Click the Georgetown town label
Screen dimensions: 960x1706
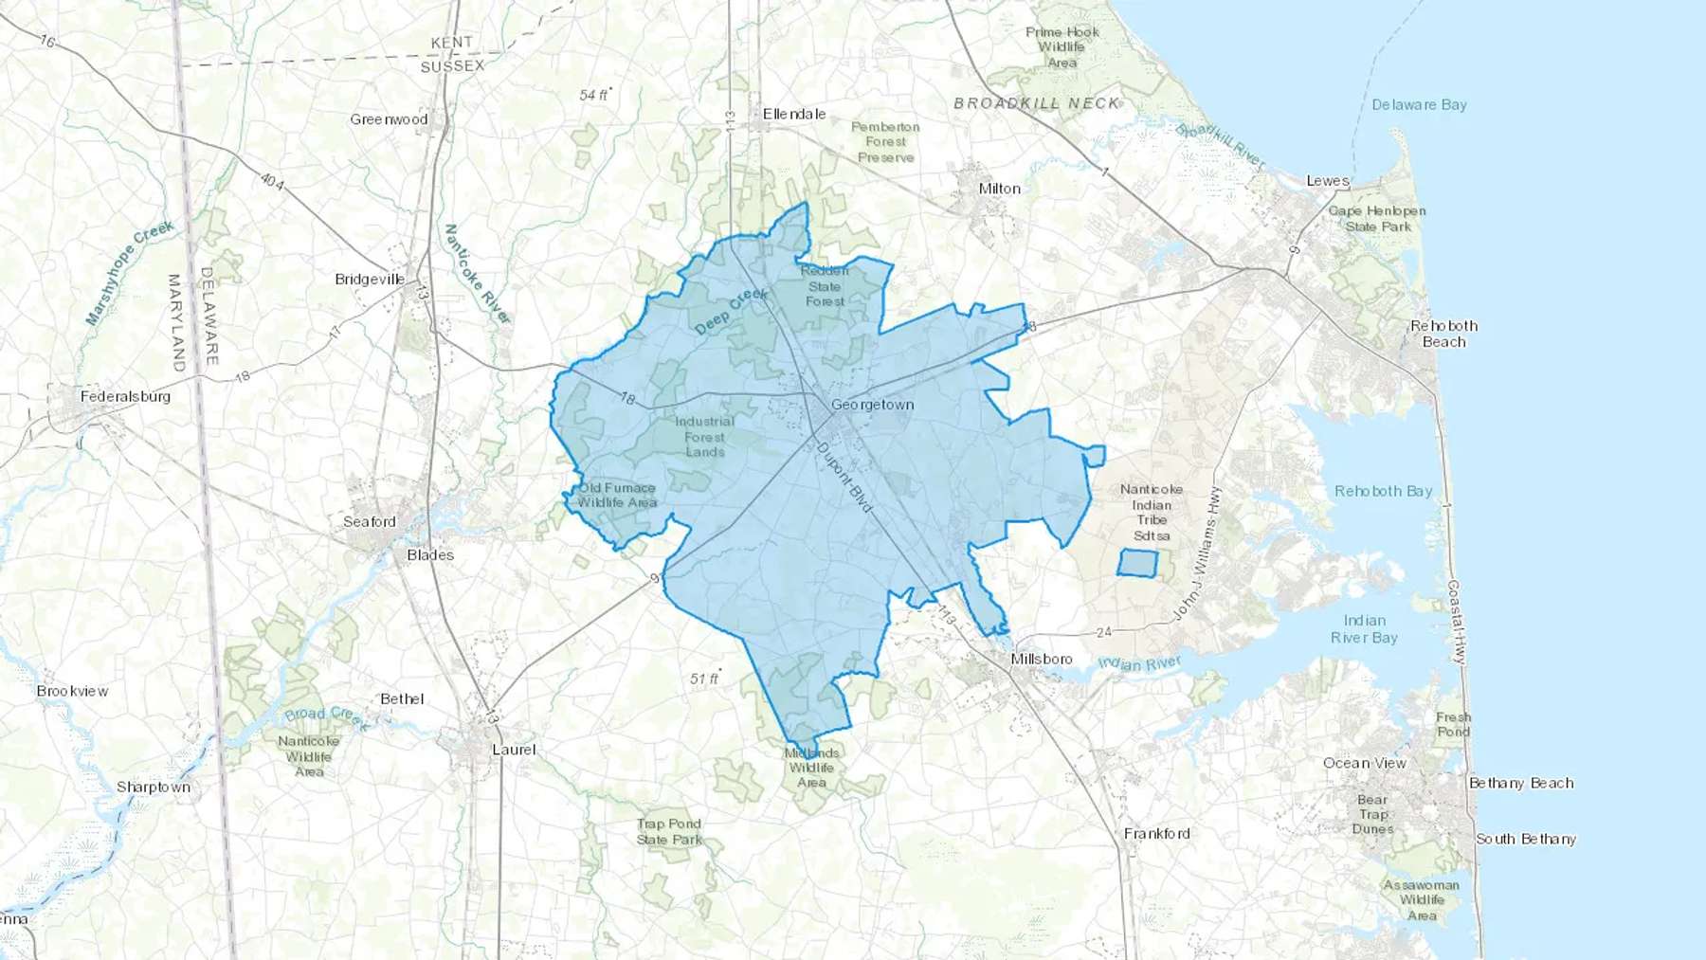[872, 405]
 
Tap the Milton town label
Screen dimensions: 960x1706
[999, 189]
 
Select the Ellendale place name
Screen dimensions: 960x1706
[794, 114]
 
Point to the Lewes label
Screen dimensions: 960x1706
[1327, 181]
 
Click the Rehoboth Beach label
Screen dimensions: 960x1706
[1443, 334]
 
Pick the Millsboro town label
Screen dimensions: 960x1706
[1041, 659]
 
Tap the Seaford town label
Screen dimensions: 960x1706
[369, 522]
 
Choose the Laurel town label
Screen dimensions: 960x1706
[514, 750]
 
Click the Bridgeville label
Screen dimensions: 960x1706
[370, 280]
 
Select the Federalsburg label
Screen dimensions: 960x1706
[125, 396]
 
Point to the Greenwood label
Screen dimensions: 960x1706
[389, 119]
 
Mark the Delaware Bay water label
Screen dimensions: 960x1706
[1419, 105]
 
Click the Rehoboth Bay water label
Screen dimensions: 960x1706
[1383, 491]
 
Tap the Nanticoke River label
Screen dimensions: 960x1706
[477, 274]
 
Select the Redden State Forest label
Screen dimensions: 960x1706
[825, 286]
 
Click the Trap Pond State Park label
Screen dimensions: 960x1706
[669, 831]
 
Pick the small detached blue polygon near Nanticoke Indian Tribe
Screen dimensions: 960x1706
[1137, 563]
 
